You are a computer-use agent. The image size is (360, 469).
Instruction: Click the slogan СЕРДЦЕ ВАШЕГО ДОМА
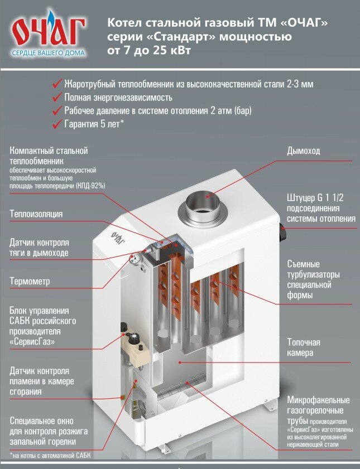point(49,54)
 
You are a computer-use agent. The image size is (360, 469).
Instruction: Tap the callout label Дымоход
point(304,151)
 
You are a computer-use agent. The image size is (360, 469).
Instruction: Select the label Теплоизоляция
point(36,214)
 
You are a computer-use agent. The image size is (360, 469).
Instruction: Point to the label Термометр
point(29,282)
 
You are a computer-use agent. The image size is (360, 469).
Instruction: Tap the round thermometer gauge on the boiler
point(134,258)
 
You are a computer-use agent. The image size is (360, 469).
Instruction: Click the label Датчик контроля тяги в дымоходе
point(39,248)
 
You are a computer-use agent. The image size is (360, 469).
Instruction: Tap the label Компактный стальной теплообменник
point(49,156)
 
